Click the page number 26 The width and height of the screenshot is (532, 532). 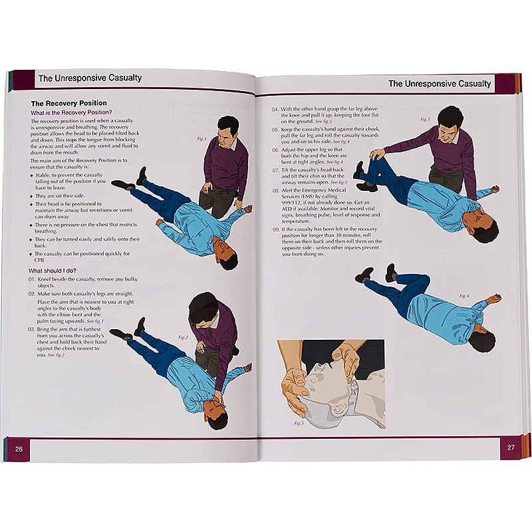point(19,449)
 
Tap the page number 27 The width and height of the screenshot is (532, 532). point(511,447)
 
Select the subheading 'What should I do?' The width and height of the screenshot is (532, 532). point(56,271)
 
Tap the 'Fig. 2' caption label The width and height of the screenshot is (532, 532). point(183,337)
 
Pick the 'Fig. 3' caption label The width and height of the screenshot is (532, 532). point(425,120)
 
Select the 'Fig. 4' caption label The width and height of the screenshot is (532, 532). point(464,295)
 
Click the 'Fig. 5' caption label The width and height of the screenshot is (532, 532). point(299,423)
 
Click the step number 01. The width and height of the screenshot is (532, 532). point(31,281)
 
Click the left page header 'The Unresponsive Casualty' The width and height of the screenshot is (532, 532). point(90,78)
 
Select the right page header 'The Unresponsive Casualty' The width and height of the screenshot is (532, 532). point(440,84)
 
